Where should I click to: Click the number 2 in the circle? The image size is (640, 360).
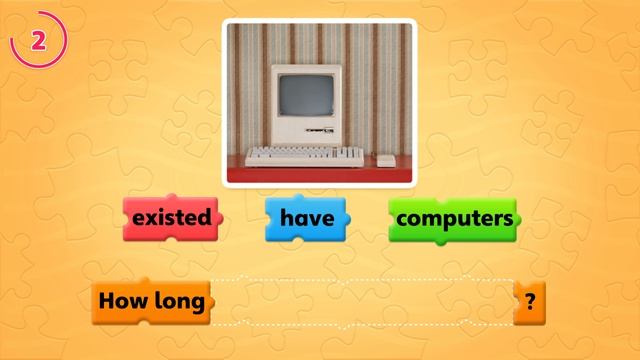[38, 40]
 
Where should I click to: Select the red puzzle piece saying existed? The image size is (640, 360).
[171, 217]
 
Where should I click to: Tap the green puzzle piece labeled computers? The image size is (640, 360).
[454, 217]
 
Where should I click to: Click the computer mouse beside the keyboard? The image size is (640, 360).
[386, 159]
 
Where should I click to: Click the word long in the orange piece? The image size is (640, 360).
[180, 301]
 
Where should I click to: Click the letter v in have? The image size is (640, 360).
[314, 217]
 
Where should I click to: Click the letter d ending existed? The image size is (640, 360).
[203, 216]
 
